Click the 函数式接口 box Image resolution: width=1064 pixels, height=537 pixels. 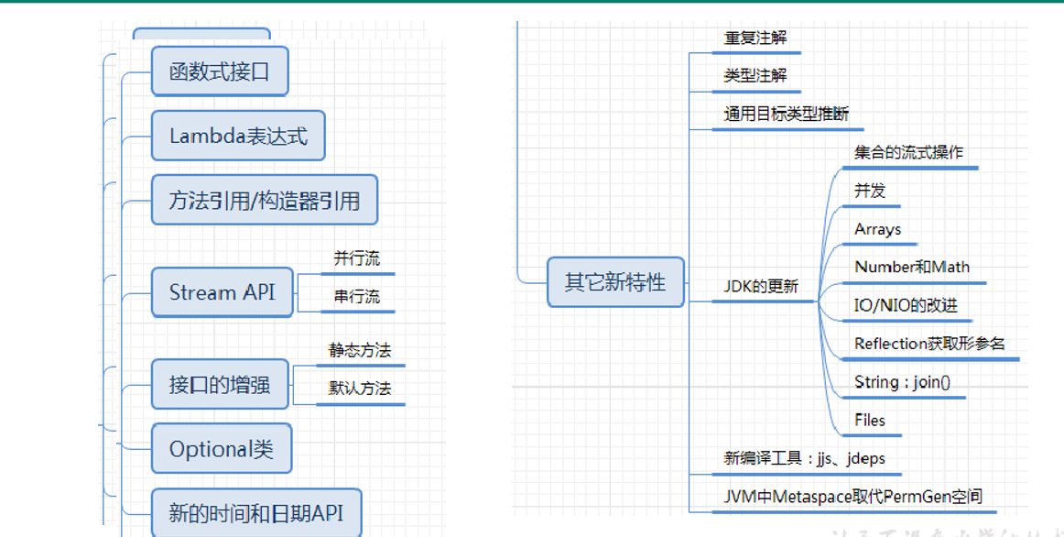[x=220, y=71]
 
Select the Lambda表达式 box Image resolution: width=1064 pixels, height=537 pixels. [x=238, y=137]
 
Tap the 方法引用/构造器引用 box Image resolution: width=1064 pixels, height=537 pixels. [x=265, y=200]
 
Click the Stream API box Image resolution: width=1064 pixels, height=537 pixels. [x=222, y=292]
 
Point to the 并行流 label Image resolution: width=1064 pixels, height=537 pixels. [x=356, y=258]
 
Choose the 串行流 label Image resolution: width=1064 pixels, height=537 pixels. [x=356, y=297]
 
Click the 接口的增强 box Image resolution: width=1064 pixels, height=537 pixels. [x=220, y=384]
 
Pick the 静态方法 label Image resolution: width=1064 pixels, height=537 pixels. [x=360, y=350]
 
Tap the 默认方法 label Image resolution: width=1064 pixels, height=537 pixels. [x=360, y=389]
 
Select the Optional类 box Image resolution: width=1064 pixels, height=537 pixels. [x=222, y=449]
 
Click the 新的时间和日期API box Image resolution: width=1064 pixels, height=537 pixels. [x=256, y=513]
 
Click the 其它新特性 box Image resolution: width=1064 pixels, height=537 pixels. [x=615, y=282]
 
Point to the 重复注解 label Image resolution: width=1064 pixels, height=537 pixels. [x=755, y=38]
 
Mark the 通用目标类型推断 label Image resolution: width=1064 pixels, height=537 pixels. [x=787, y=114]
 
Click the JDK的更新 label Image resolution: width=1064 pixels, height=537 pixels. [x=761, y=287]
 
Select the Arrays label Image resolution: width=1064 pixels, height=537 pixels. [x=877, y=229]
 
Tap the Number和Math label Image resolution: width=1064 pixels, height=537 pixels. [x=911, y=268]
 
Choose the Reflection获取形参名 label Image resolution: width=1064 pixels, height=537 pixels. [x=929, y=344]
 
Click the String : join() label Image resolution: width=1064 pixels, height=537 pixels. [x=902, y=382]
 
